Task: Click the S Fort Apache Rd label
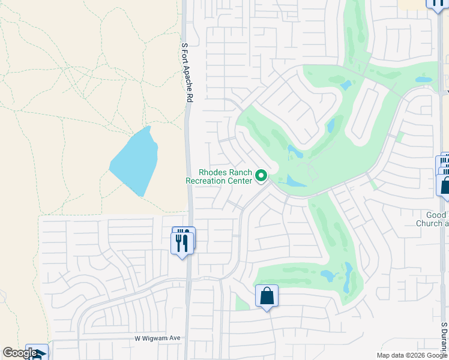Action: (187, 71)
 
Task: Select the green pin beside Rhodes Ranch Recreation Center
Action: (261, 176)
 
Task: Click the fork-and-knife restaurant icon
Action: (183, 242)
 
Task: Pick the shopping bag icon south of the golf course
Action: (267, 296)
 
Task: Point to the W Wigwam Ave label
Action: (157, 338)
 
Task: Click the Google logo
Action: (20, 353)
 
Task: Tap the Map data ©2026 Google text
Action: (412, 355)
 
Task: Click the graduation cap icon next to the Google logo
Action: (37, 353)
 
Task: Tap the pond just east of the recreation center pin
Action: (294, 181)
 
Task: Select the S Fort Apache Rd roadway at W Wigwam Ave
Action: (188, 338)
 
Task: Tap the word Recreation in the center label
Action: (210, 181)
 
